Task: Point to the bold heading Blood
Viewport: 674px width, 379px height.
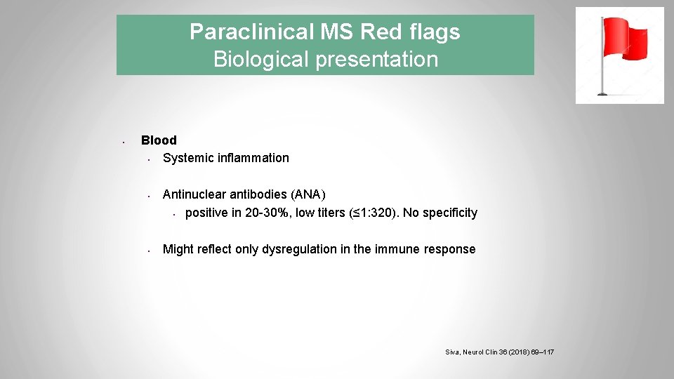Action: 159,140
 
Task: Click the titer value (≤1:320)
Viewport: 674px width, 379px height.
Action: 376,213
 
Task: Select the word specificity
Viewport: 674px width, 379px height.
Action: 447,213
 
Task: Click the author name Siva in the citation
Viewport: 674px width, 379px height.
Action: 454,352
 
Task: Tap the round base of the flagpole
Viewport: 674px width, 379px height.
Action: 602,93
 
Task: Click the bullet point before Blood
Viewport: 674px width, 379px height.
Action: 122,142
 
